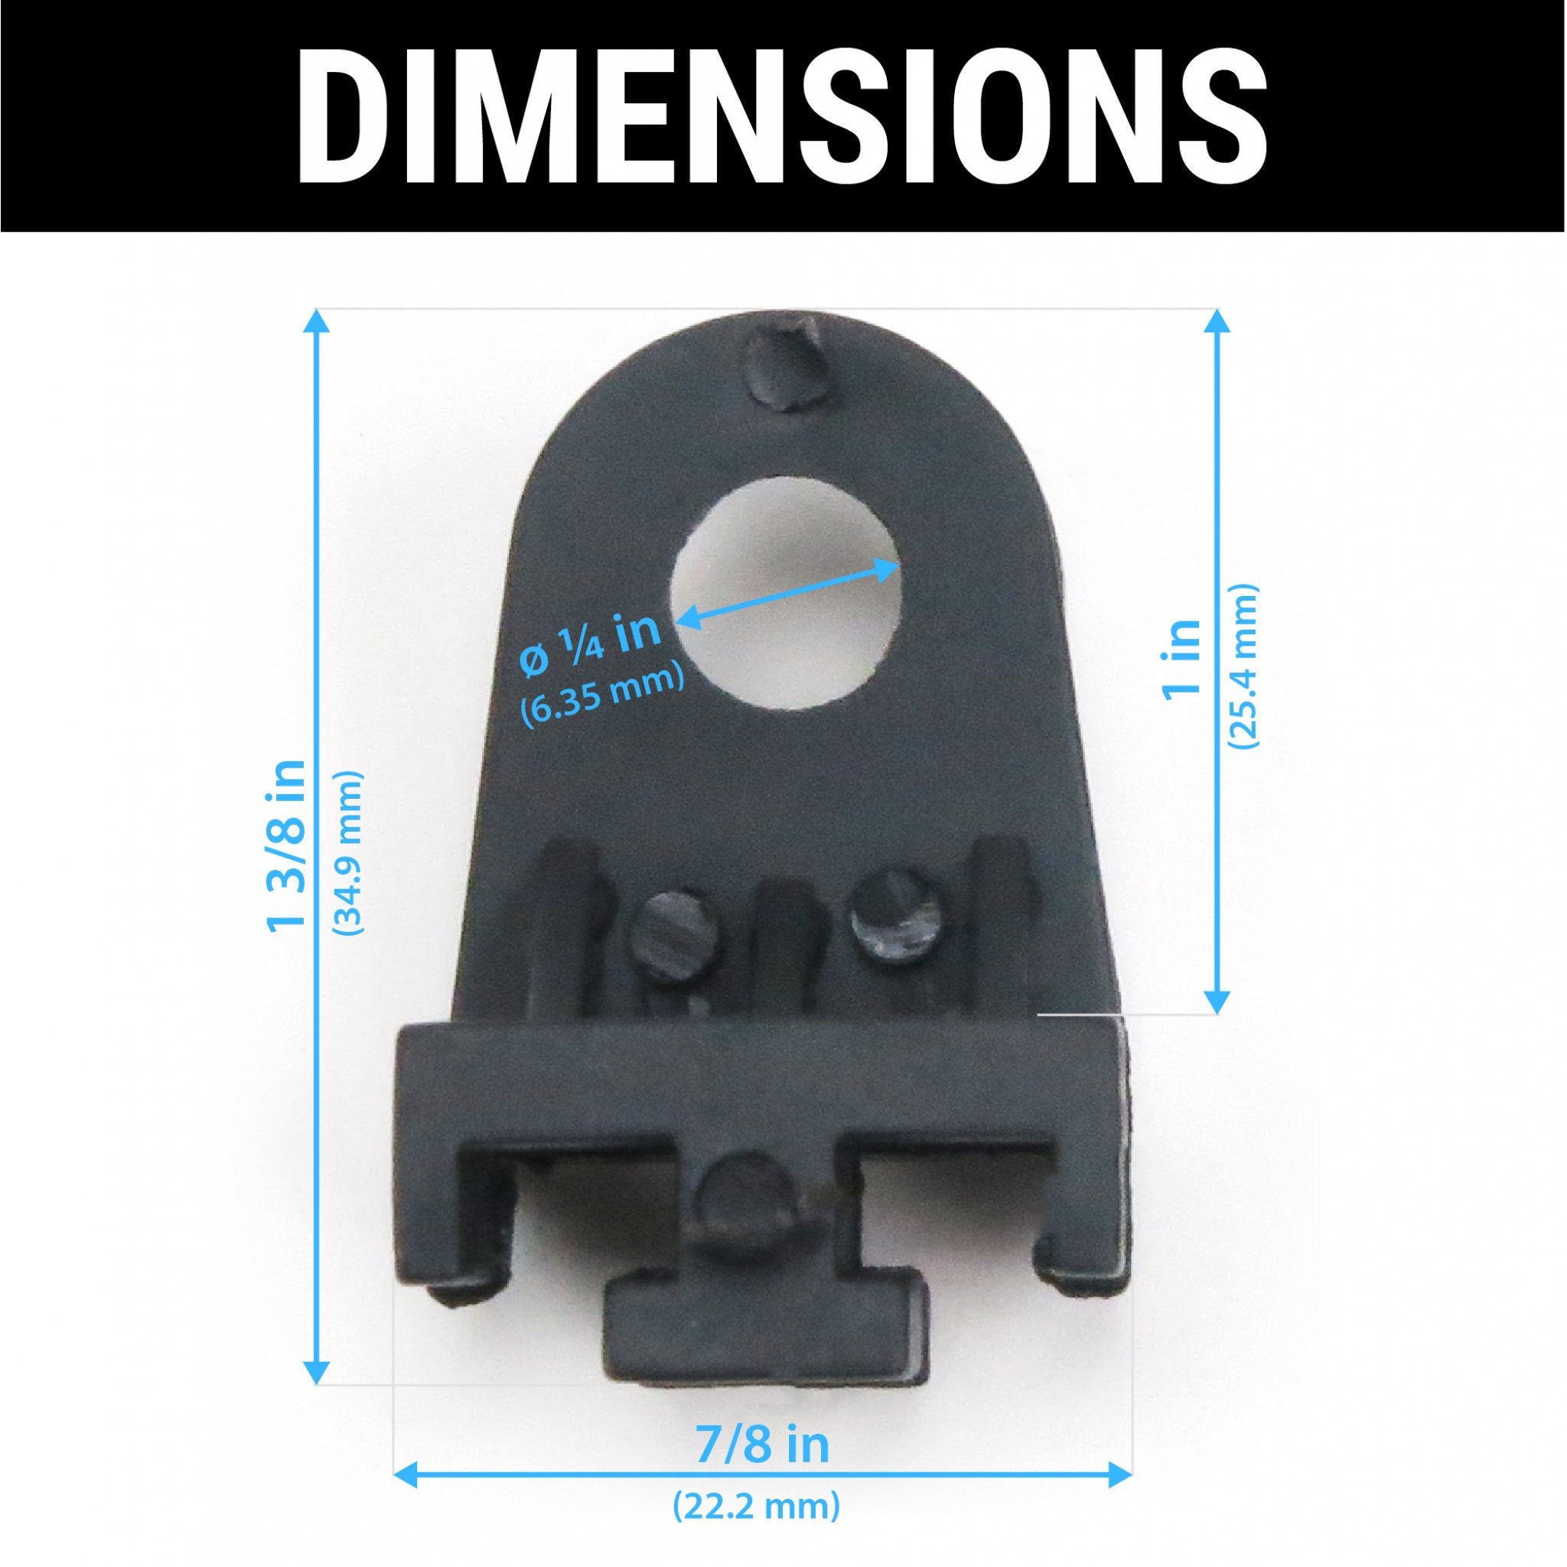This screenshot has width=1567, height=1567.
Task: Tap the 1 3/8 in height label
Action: [x=287, y=845]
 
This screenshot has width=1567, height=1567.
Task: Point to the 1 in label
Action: [x=1181, y=657]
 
